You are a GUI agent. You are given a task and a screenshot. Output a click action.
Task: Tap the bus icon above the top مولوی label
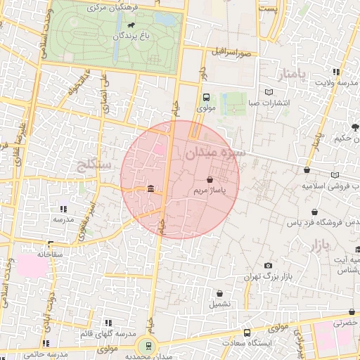pyautogui.click(x=205, y=98)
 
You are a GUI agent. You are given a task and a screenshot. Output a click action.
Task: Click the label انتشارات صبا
pyautogui.click(x=269, y=103)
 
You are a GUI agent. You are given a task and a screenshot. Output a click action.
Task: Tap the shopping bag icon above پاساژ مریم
pyautogui.click(x=210, y=180)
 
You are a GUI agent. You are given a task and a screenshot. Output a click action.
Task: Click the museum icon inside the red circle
pyautogui.click(x=152, y=189)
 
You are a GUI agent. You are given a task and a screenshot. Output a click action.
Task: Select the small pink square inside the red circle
pyautogui.click(x=160, y=149)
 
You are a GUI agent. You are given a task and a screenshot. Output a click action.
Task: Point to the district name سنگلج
pyautogui.click(x=91, y=165)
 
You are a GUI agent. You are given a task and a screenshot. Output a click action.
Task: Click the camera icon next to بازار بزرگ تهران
pyautogui.click(x=268, y=265)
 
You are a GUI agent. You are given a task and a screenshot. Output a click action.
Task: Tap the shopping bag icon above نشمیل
pyautogui.click(x=219, y=293)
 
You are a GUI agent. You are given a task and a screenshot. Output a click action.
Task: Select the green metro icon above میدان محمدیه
pyautogui.click(x=148, y=345)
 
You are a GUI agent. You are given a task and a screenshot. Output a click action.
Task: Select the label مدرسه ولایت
pyautogui.click(x=335, y=82)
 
